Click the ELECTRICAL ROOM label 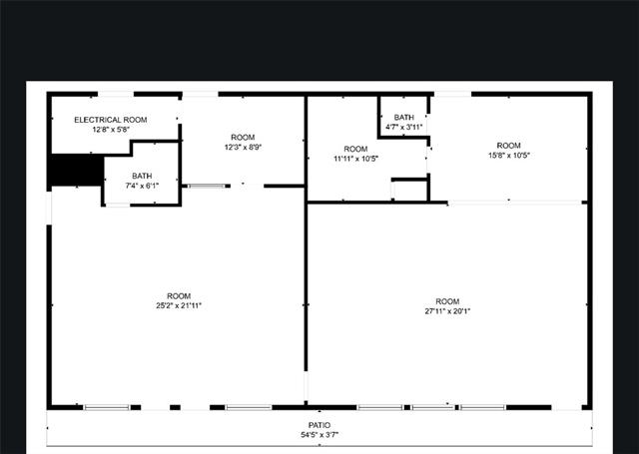(111, 120)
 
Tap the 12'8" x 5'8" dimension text (111, 130)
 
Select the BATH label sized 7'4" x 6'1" (142, 176)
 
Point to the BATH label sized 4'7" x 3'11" (403, 118)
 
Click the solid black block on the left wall (76, 171)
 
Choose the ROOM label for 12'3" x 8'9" (243, 137)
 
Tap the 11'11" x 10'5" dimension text (355, 159)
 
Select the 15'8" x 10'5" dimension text (509, 155)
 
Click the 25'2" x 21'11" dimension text (179, 305)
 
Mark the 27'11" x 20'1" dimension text (447, 310)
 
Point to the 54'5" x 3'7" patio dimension (319, 436)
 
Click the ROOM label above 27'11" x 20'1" (447, 300)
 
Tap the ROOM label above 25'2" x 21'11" (179, 295)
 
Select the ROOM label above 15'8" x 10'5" (509, 145)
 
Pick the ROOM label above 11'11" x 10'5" (355, 149)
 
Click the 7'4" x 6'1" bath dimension (142, 186)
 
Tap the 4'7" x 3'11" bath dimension (403, 128)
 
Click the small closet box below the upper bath (408, 189)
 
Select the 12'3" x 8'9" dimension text (243, 147)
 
